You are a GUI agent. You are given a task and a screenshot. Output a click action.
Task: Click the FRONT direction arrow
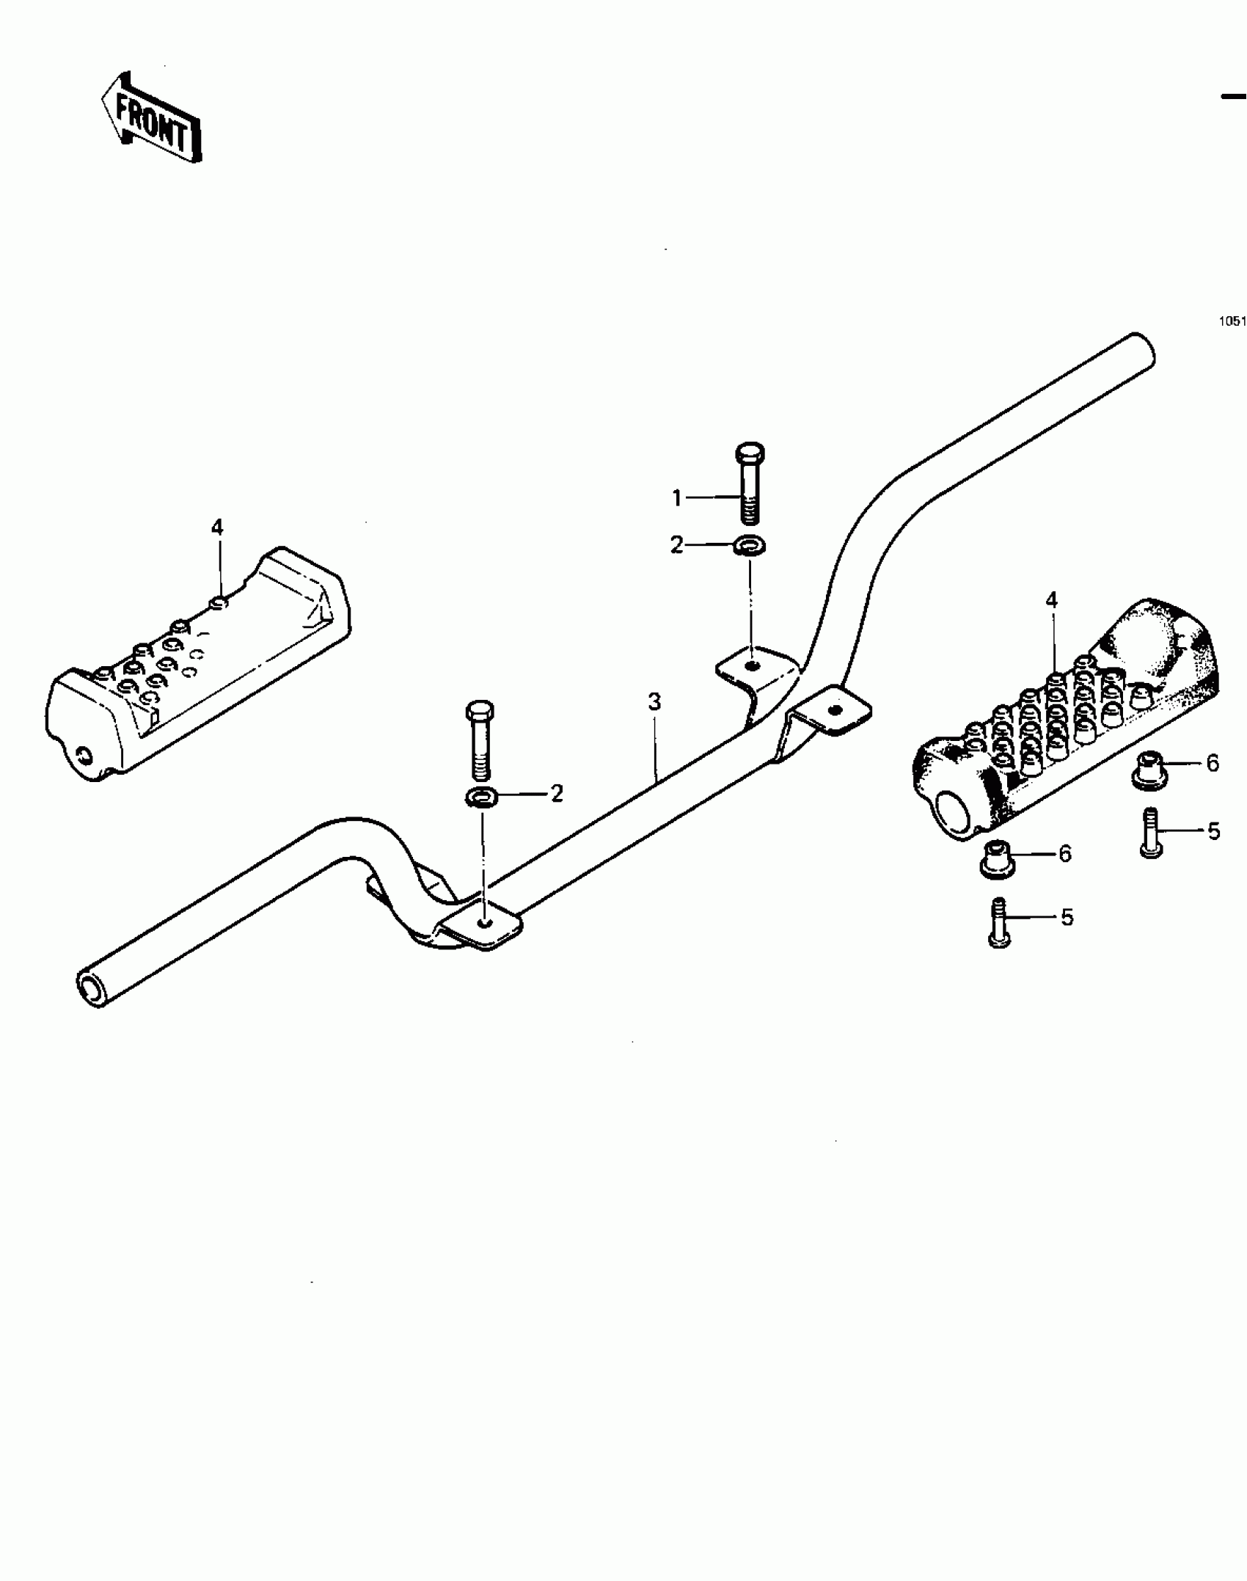click(150, 117)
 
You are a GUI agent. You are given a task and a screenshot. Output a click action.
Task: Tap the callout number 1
click(677, 499)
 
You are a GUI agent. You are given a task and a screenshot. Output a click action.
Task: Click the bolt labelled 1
click(748, 483)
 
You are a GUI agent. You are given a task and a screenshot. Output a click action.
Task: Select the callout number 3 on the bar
click(654, 703)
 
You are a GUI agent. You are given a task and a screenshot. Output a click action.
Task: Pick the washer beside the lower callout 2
click(481, 795)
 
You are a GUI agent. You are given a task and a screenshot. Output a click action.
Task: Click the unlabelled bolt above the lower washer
click(480, 740)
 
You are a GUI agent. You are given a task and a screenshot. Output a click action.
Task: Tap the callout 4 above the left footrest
click(217, 527)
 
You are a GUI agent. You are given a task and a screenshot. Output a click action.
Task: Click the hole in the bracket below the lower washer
click(482, 922)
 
